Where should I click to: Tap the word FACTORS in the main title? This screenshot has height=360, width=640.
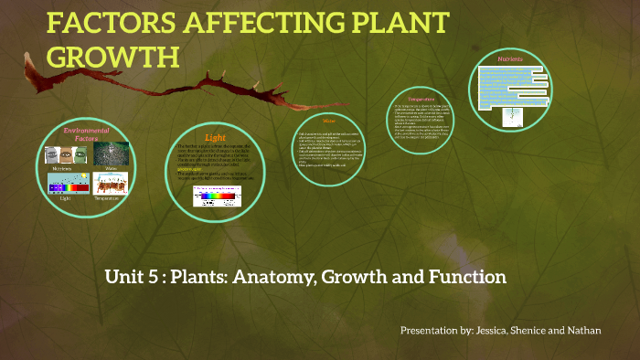coord(103,25)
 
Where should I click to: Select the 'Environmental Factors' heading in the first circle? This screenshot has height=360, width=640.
coord(87,135)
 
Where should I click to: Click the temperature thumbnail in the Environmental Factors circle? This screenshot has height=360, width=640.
coord(111,184)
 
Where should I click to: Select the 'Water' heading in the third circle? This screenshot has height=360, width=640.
coord(329,121)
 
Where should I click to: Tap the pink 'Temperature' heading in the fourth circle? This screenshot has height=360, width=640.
coord(421,98)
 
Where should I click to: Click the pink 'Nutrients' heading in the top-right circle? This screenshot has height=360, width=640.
coord(510,59)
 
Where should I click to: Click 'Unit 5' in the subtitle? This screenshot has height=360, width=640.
coord(129,275)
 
